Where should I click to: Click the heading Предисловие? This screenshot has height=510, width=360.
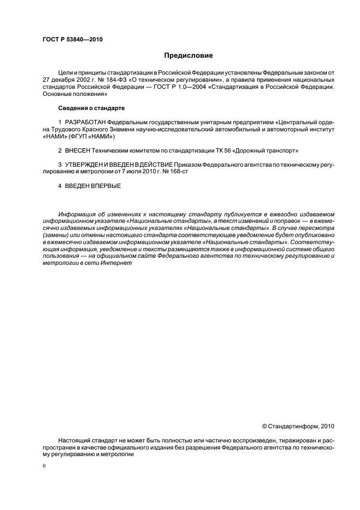pos(188,55)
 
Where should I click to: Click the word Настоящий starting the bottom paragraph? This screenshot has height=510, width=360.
pos(74,440)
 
